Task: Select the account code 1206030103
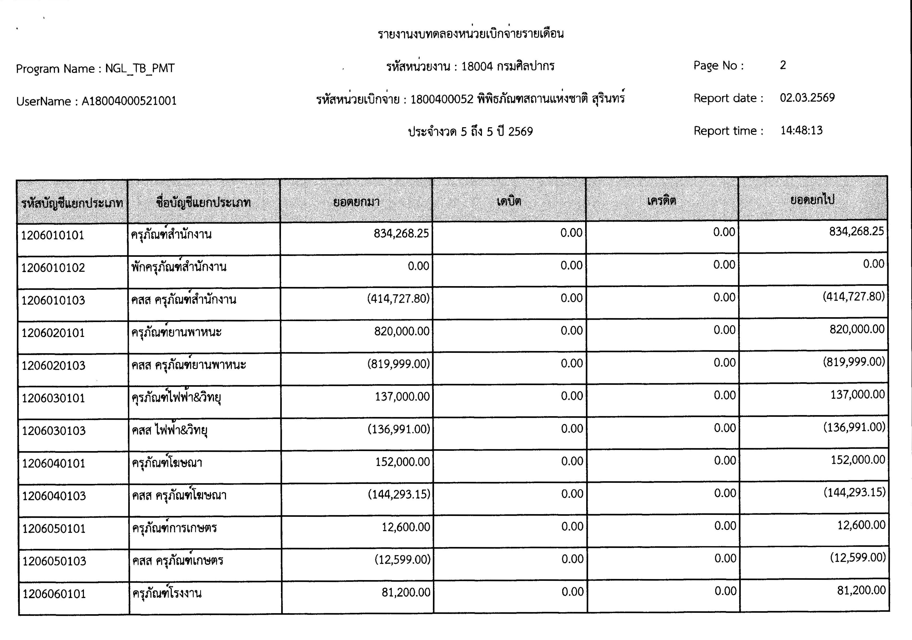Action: (54, 430)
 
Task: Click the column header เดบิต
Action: (509, 201)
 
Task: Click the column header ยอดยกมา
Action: (356, 202)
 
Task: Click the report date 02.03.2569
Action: (807, 98)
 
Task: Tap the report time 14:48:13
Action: (801, 130)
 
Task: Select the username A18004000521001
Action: (129, 101)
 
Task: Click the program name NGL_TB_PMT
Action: (140, 68)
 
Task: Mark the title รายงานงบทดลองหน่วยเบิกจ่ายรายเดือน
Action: (471, 33)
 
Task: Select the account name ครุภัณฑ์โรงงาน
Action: (167, 593)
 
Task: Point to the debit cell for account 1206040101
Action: (572, 461)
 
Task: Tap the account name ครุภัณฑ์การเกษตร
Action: (175, 528)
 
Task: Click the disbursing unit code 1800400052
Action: (442, 99)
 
